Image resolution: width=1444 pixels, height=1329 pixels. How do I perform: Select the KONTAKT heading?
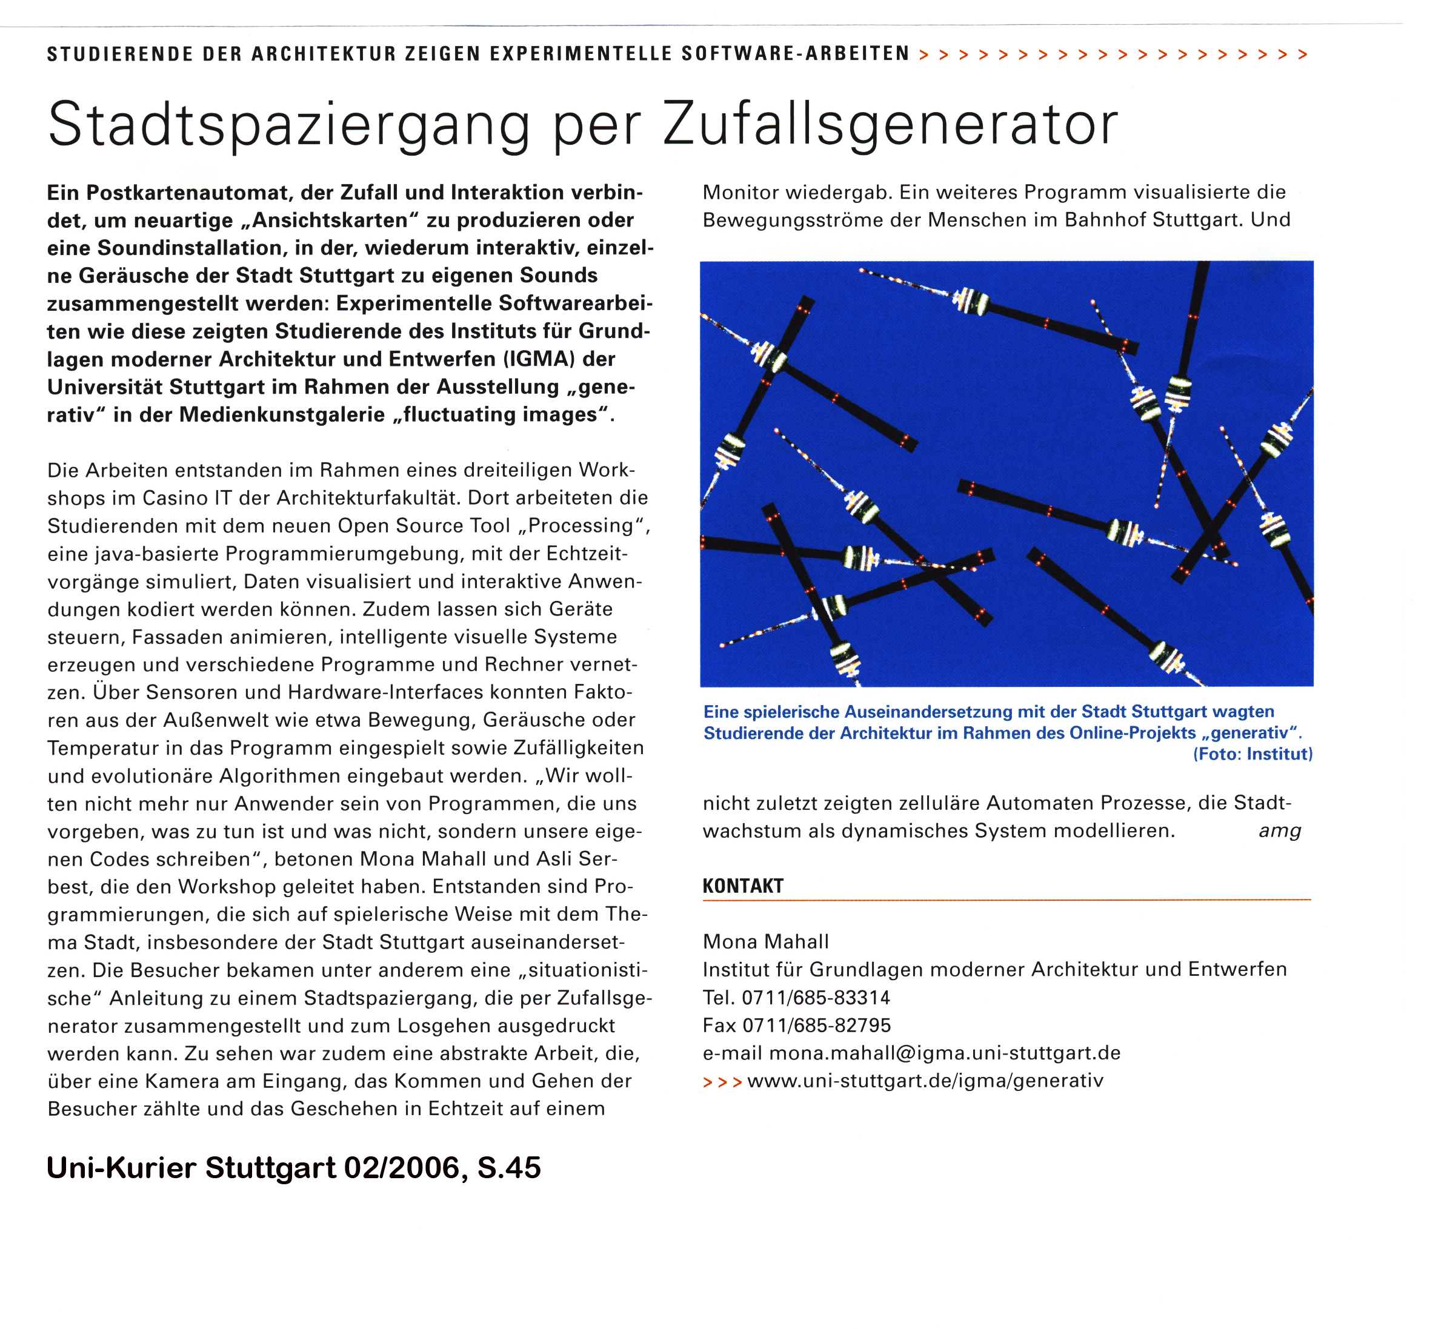tap(742, 886)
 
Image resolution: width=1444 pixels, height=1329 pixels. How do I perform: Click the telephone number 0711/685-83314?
tap(816, 998)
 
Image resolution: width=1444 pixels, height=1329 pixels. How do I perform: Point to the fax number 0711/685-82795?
tap(817, 1026)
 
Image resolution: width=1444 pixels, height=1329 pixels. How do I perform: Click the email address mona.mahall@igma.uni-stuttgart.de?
tap(945, 1053)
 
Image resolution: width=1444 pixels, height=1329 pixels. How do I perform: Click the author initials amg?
tap(1279, 831)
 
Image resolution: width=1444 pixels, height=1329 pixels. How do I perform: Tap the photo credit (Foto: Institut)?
tap(1253, 754)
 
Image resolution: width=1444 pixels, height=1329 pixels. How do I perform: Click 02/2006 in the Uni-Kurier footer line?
tap(402, 1168)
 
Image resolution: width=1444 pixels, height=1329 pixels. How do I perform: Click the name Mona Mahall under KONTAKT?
tap(765, 942)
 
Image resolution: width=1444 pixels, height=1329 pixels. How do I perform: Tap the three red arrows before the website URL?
tap(722, 1082)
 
